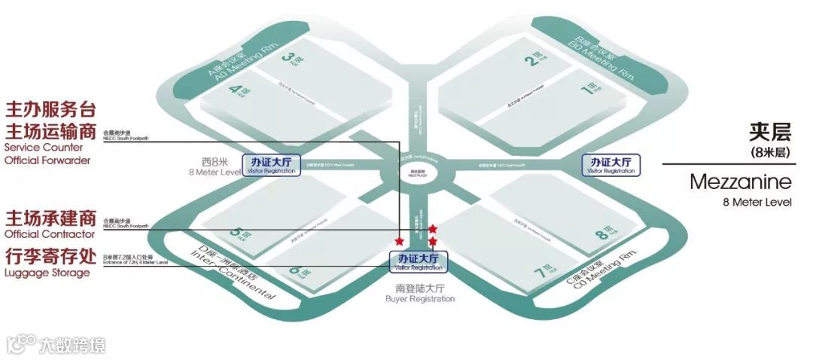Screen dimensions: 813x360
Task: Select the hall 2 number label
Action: [x=536, y=58]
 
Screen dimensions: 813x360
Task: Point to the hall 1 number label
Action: [x=593, y=89]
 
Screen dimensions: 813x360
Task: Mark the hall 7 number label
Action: [x=540, y=269]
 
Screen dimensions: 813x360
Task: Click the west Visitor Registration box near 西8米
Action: [x=271, y=165]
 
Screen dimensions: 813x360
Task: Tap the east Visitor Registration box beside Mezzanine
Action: [x=611, y=165]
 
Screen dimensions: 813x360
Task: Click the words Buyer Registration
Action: [x=420, y=299]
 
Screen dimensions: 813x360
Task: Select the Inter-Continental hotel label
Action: [x=231, y=275]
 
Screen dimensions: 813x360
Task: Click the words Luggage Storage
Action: [x=47, y=273]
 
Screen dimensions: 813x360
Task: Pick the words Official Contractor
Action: [x=50, y=235]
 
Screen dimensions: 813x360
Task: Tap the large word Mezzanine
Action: [x=740, y=182]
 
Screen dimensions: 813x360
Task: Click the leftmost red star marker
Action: [x=398, y=240]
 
